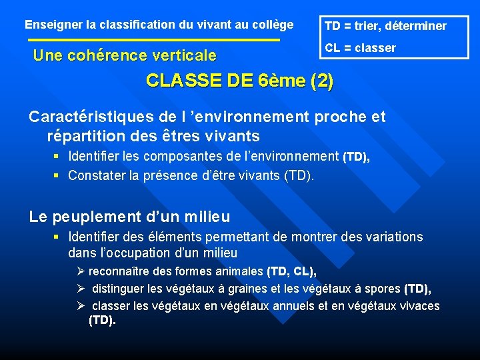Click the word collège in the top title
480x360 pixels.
[x=273, y=25]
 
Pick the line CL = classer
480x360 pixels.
[x=360, y=48]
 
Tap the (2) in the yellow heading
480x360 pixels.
[x=322, y=81]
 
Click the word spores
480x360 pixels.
[x=382, y=289]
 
